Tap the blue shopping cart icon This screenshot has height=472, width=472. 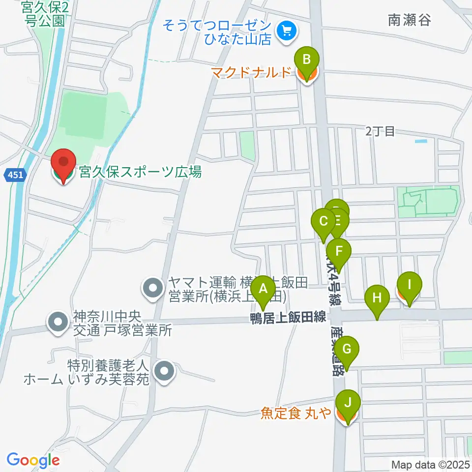point(286,32)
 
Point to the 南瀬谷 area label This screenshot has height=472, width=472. point(409,20)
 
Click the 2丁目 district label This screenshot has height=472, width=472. point(380,131)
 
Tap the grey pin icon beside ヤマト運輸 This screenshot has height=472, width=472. point(153,288)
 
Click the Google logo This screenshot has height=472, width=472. point(33,460)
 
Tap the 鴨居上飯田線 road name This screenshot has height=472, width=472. point(288,318)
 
